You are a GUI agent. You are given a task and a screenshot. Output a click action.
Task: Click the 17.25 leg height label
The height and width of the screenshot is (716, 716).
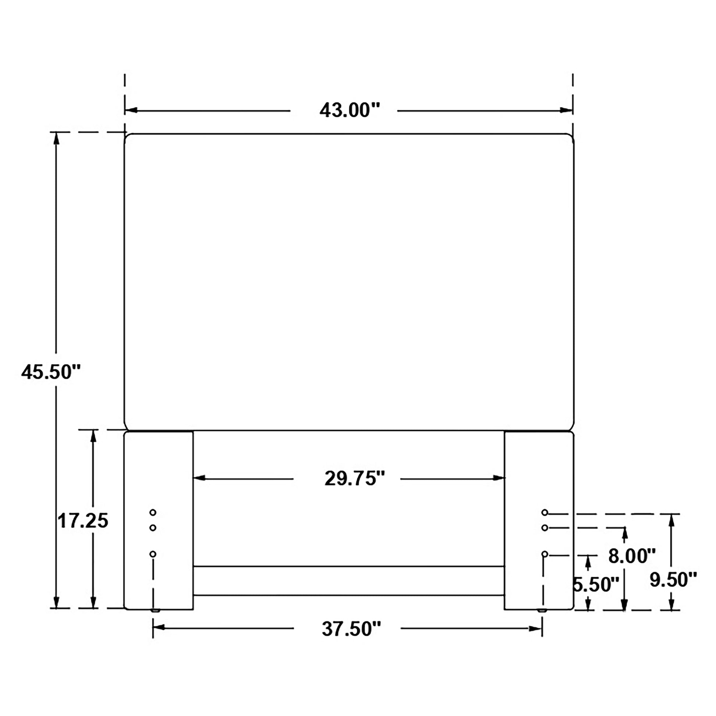click(x=83, y=521)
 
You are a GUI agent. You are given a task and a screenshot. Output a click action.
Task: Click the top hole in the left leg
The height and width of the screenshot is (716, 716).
click(x=153, y=513)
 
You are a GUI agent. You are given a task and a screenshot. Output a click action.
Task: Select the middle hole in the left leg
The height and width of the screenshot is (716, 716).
click(x=153, y=527)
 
